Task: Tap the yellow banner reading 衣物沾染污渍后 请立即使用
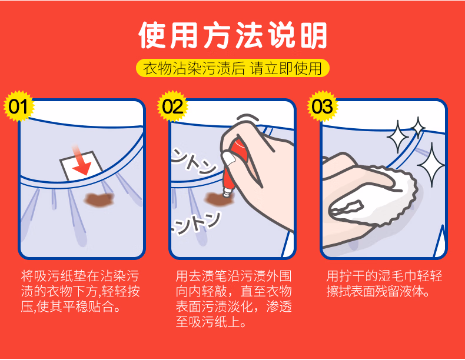[232, 68]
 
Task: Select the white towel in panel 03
[377, 191]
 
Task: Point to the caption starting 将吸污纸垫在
[80, 292]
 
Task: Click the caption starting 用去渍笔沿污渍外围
[233, 299]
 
